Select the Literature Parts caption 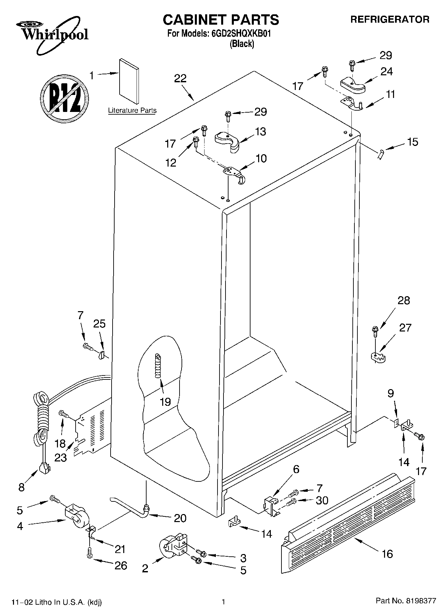click(132, 111)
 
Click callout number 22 click(180, 79)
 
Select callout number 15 click(412, 142)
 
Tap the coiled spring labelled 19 click(158, 366)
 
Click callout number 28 click(403, 301)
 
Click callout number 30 click(322, 500)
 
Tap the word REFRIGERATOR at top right click(389, 19)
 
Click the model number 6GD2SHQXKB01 click(238, 34)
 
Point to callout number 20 click(180, 518)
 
